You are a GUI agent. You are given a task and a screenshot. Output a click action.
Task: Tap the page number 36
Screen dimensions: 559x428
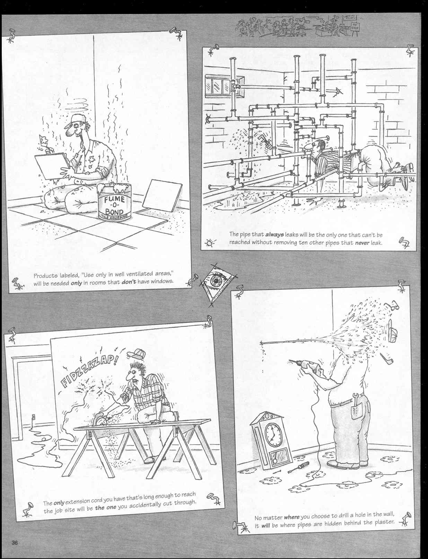[15, 543]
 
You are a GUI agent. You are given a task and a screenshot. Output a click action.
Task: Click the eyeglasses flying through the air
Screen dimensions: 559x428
[394, 306]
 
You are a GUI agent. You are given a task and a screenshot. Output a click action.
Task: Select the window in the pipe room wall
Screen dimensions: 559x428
[217, 86]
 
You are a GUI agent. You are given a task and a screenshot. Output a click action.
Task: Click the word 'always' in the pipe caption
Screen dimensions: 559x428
[274, 235]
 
